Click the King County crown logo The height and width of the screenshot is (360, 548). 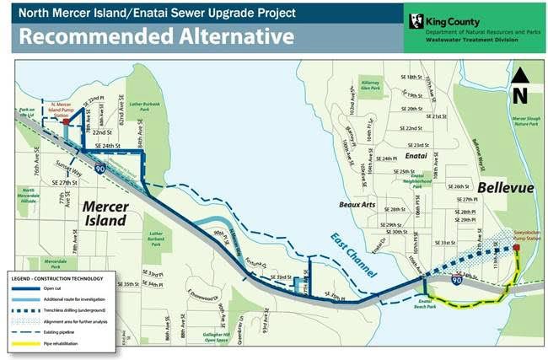point(416,21)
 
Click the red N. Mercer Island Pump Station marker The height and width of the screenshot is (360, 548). point(66,121)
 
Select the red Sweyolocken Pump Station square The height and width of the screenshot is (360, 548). point(517,249)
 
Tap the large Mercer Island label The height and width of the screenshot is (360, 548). point(105,213)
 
